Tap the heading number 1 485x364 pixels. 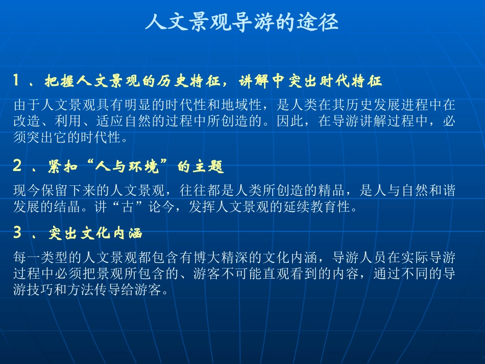coord(17,81)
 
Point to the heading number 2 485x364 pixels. coord(17,166)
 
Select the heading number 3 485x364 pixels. coord(17,233)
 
